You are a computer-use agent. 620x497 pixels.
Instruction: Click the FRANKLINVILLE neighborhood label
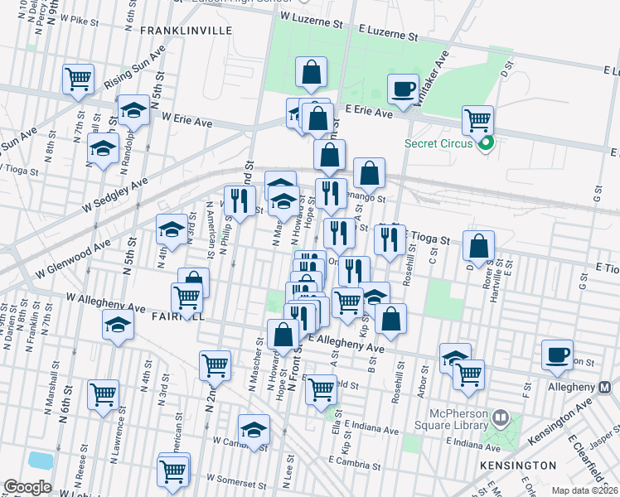pos(186,31)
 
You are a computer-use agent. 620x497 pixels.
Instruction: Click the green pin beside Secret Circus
pos(487,143)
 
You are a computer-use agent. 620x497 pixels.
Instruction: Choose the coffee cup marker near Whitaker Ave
pos(404,89)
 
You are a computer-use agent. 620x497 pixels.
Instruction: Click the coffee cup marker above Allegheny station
pos(557,355)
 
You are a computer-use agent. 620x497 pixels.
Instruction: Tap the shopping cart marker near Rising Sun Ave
pos(78,80)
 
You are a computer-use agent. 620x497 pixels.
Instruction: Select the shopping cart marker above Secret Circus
pos(478,121)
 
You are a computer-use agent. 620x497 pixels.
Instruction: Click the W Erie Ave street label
pos(187,122)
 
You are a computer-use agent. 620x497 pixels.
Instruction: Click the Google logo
pos(27,486)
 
